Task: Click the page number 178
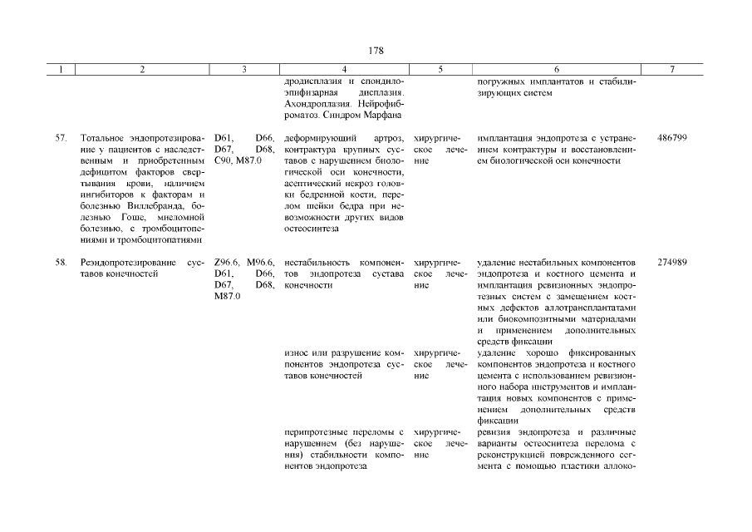coord(376,51)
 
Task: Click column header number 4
coord(344,70)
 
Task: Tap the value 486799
coord(671,137)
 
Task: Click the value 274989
coord(671,262)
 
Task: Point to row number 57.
coord(61,137)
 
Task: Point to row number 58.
coord(61,262)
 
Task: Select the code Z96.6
coord(228,262)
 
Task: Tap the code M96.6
coord(261,262)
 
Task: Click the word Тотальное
coord(105,137)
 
